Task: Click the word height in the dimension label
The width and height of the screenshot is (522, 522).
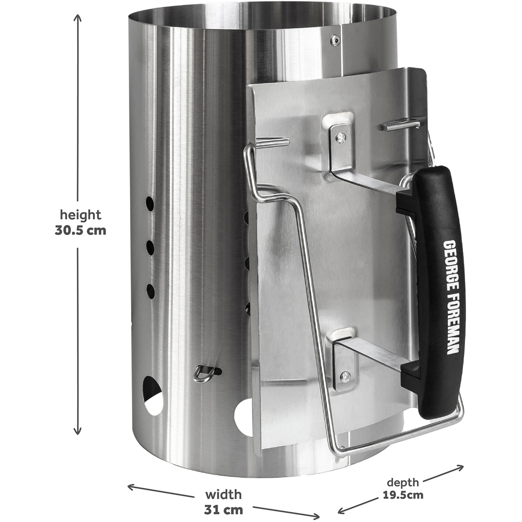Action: (80, 215)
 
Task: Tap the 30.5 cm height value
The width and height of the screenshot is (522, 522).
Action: (80, 230)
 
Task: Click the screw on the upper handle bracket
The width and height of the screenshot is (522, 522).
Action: (340, 137)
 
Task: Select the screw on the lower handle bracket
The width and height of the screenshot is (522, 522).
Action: (345, 375)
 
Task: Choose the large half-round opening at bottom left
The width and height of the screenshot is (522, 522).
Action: (152, 395)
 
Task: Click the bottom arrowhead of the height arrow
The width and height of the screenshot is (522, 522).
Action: (78, 432)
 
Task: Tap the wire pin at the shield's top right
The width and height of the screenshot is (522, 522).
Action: (401, 125)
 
